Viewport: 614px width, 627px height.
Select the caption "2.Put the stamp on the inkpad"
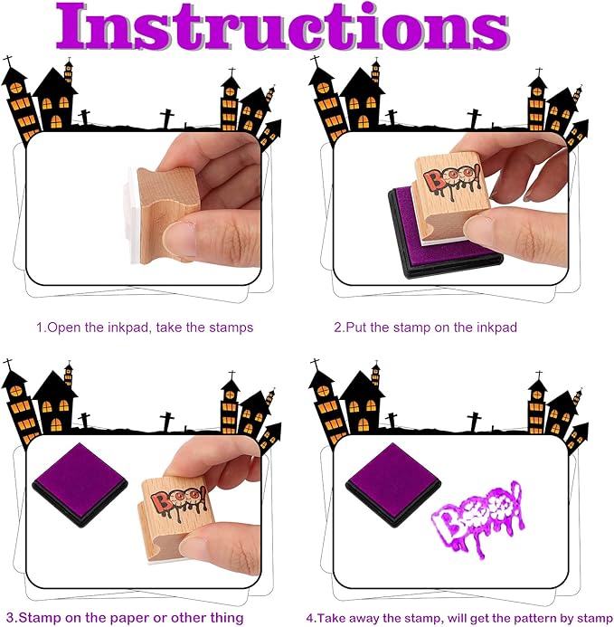425,328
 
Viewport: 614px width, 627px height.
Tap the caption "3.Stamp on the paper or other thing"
127,617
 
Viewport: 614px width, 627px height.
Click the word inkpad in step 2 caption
493,328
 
